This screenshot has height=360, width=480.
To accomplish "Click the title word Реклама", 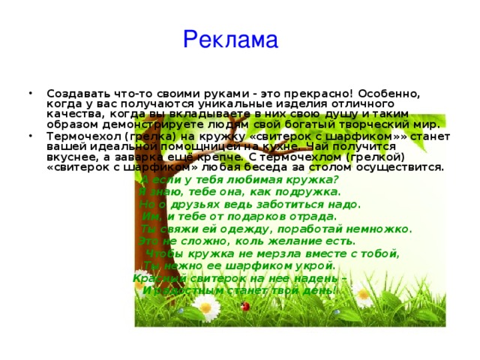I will [x=229, y=38].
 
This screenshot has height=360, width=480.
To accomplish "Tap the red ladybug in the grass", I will [x=244, y=306].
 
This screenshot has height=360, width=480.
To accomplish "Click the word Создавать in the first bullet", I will [x=78, y=93].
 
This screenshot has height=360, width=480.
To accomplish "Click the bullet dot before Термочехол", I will [x=28, y=136].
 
